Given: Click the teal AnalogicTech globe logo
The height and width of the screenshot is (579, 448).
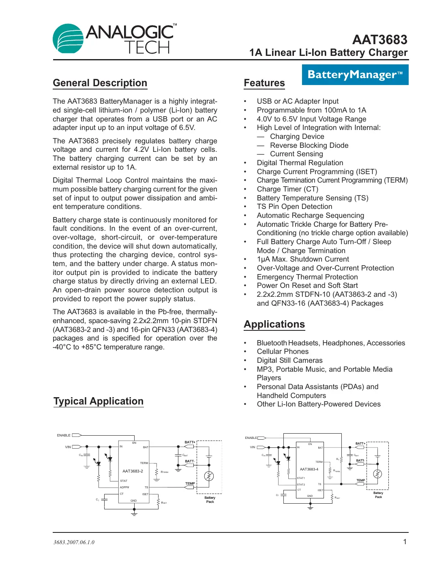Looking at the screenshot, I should click(x=68, y=38).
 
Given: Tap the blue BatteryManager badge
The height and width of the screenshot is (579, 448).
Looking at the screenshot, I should click(x=355, y=75).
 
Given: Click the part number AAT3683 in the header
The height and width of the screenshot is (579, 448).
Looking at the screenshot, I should click(x=379, y=40).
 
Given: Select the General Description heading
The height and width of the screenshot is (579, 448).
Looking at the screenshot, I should click(x=100, y=83).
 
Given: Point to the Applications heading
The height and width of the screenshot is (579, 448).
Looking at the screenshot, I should click(x=274, y=324).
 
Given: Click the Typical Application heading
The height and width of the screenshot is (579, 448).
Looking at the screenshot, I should click(x=99, y=401).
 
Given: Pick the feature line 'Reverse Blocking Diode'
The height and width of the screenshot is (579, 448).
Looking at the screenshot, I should click(x=309, y=145).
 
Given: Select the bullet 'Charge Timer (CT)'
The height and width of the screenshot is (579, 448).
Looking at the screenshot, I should click(x=287, y=189).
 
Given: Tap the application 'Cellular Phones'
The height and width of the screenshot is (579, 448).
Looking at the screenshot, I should click(x=283, y=351).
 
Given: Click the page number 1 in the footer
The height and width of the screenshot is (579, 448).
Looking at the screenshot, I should click(x=404, y=542).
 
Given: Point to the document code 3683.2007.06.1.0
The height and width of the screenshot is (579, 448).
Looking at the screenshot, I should click(x=74, y=542).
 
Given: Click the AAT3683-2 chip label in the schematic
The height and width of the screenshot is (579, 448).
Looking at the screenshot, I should click(x=133, y=471).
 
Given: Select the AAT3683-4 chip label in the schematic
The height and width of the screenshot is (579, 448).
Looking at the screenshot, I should click(x=309, y=469).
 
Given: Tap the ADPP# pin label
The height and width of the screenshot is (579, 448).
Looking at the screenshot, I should click(x=124, y=487).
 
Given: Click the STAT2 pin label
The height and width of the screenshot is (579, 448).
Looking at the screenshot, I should click(x=301, y=485).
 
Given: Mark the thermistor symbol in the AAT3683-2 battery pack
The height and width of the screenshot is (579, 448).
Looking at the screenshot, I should click(x=209, y=476).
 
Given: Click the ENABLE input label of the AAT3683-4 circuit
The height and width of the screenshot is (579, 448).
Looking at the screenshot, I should click(x=251, y=438).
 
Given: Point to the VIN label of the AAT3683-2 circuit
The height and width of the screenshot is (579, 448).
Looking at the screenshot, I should click(x=68, y=447).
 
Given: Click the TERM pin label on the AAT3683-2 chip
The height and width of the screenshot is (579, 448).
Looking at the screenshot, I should click(x=144, y=463).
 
